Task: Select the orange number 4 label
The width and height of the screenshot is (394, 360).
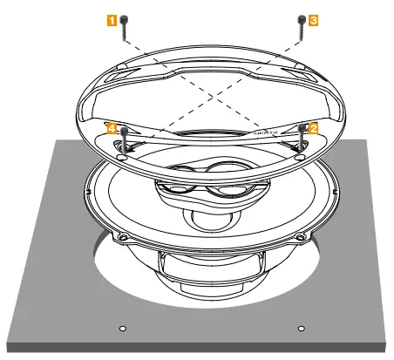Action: pos(111,127)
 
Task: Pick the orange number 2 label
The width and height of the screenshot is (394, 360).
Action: pos(314,127)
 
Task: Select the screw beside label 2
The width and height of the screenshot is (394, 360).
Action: pos(302,137)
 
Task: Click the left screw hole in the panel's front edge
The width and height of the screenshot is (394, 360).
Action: pos(122,329)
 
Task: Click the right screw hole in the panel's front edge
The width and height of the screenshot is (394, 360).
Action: pos(301,329)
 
